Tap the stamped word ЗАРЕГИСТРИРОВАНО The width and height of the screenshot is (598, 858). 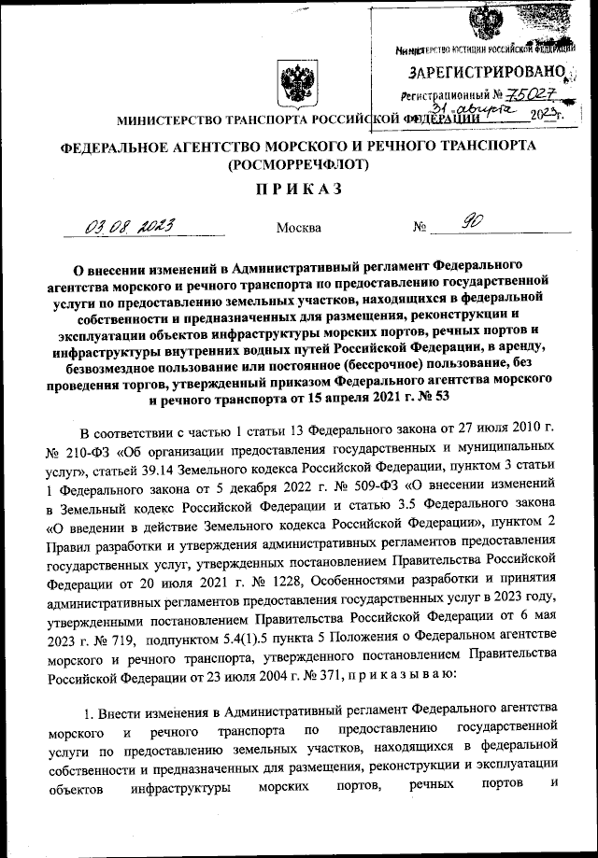[486, 71]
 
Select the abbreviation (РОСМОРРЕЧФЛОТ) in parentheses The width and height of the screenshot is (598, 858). [298, 164]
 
